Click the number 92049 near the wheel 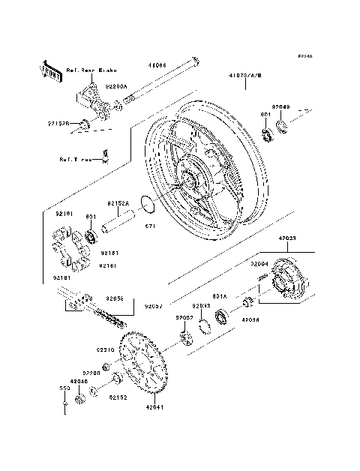click(x=280, y=107)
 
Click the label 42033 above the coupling click(x=288, y=238)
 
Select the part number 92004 click(x=259, y=264)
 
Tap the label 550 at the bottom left click(x=64, y=389)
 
